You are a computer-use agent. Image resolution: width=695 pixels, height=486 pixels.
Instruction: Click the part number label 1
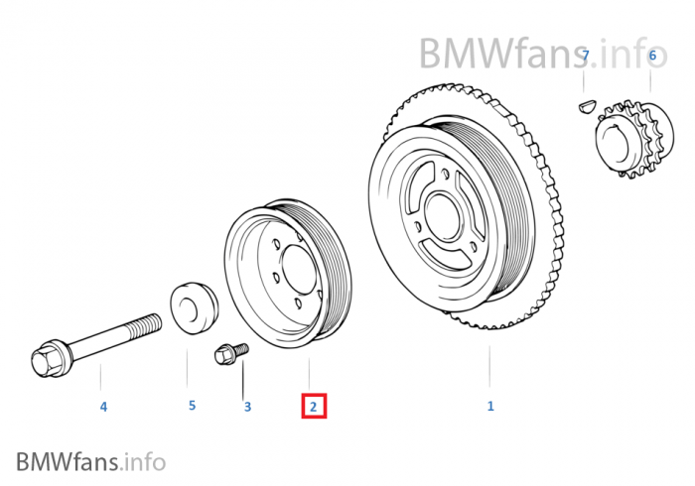tap(489, 406)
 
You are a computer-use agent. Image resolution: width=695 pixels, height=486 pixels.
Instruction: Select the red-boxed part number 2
tap(313, 406)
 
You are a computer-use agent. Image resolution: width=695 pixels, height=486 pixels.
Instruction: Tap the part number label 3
tap(247, 406)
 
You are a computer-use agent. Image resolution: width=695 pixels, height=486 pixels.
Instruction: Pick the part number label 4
tap(102, 406)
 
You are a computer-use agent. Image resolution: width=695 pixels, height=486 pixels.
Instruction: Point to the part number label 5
tap(192, 405)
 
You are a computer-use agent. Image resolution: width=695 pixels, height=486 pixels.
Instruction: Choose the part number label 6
tap(652, 56)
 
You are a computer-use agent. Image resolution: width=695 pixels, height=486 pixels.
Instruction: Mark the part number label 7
tap(586, 56)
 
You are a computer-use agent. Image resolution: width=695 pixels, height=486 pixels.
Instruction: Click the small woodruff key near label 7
tap(586, 100)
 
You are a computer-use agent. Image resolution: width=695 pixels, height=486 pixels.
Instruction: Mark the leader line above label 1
tap(488, 367)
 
